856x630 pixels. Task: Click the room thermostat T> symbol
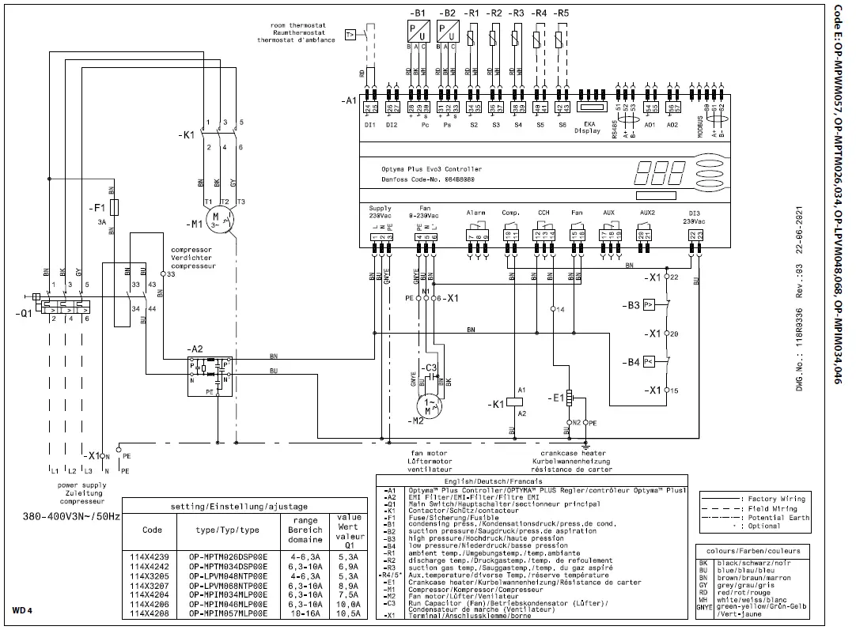(350, 34)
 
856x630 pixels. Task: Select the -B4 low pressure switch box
(649, 362)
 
